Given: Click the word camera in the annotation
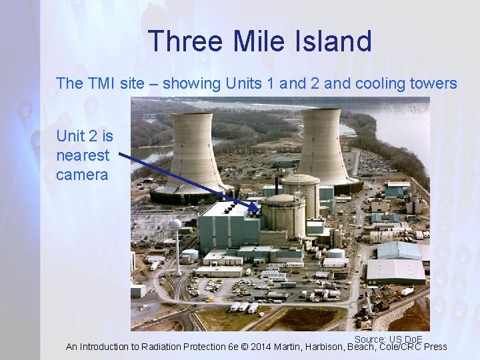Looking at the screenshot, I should pyautogui.click(x=82, y=175).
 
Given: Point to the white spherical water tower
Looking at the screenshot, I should pyautogui.click(x=175, y=225).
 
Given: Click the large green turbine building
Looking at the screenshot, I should pyautogui.click(x=227, y=227).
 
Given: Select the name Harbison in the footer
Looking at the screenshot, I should pyautogui.click(x=321, y=347).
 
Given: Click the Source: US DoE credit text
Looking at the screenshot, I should pyautogui.click(x=388, y=339).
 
